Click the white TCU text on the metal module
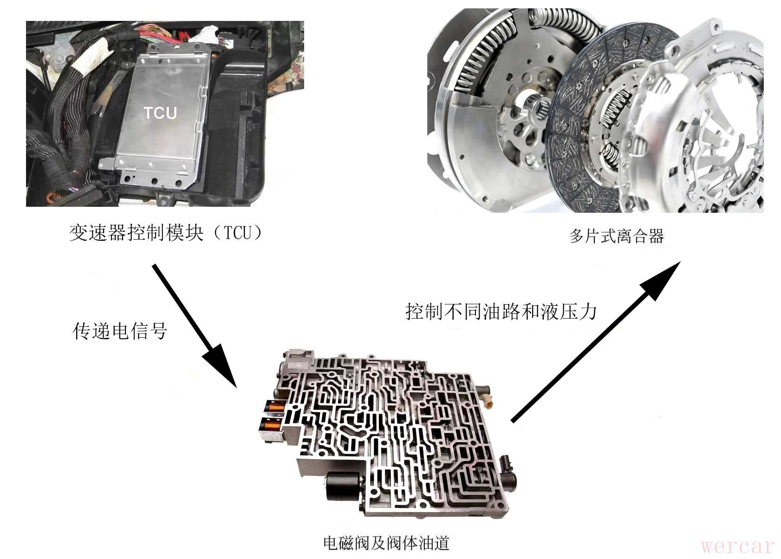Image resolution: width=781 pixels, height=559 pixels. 160,113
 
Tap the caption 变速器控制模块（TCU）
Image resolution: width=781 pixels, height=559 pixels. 166,233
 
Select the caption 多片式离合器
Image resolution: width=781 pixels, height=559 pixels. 617,236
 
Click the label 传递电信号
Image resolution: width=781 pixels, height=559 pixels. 120,331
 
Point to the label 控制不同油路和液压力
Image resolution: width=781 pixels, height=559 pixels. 501,312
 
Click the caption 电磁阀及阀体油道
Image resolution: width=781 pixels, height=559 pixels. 386,543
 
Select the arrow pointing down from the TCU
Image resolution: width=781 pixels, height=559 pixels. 195,326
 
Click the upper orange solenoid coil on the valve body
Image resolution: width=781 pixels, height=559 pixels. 275,407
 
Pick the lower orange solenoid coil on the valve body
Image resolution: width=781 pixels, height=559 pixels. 272,426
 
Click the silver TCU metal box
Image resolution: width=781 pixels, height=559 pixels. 164,115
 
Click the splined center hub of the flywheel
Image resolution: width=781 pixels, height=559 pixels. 537,105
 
